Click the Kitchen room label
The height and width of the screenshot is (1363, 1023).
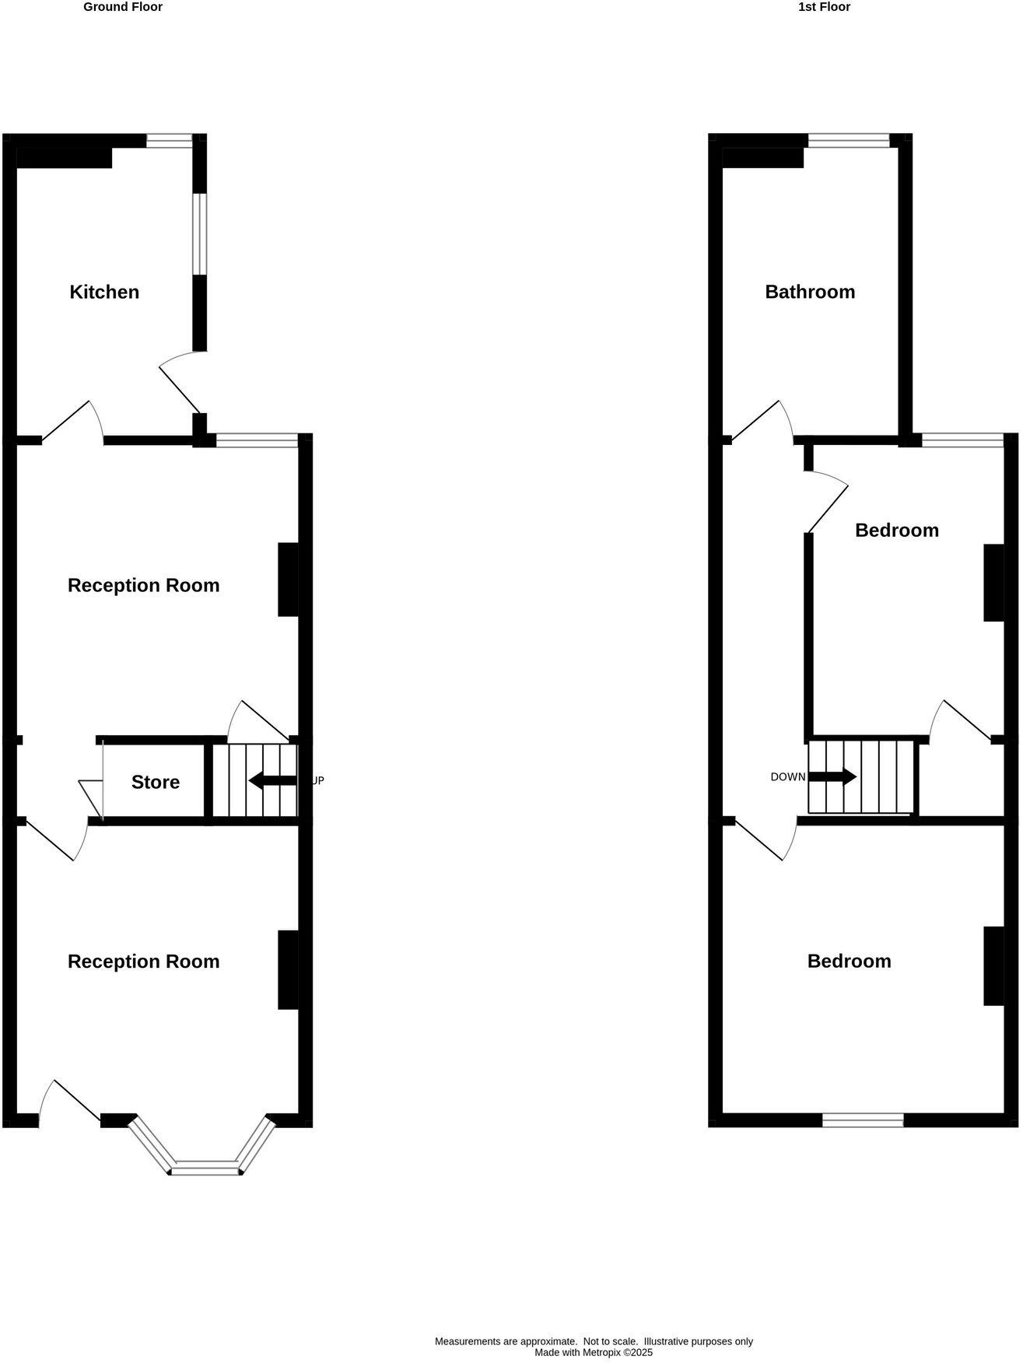pyautogui.click(x=104, y=293)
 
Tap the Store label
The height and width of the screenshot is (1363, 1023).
pyautogui.click(x=156, y=783)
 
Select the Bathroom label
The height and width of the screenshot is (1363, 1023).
pyautogui.click(x=810, y=293)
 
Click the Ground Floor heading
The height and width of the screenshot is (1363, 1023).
pyautogui.click(x=123, y=7)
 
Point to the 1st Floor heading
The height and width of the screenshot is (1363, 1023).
pyautogui.click(x=825, y=7)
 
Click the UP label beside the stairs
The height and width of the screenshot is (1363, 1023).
pyautogui.click(x=317, y=780)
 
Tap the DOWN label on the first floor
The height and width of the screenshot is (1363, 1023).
pyautogui.click(x=788, y=777)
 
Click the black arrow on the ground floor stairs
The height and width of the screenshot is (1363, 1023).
pyautogui.click(x=272, y=780)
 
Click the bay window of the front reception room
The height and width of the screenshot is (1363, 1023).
pyautogui.click(x=206, y=1167)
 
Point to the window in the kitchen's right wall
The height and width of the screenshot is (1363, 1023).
pyautogui.click(x=200, y=233)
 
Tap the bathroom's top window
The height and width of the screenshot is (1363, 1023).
pyautogui.click(x=848, y=141)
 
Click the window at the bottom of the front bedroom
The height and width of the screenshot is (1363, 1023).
pyautogui.click(x=864, y=1121)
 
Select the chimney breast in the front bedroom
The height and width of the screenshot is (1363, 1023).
pyautogui.click(x=993, y=965)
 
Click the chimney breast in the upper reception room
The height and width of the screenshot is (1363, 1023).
pyautogui.click(x=289, y=580)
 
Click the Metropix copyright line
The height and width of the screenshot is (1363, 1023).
pyautogui.click(x=594, y=1353)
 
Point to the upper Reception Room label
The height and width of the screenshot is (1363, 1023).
pyautogui.click(x=144, y=586)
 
